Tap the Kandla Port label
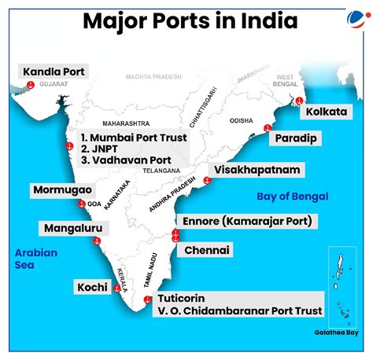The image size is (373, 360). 54,72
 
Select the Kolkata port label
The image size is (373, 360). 325,112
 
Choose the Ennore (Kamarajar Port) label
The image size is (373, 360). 248,221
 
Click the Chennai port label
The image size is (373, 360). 206,250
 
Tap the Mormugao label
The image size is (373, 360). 62,190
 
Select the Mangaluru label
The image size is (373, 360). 69,229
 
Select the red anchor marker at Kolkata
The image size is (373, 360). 299,101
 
